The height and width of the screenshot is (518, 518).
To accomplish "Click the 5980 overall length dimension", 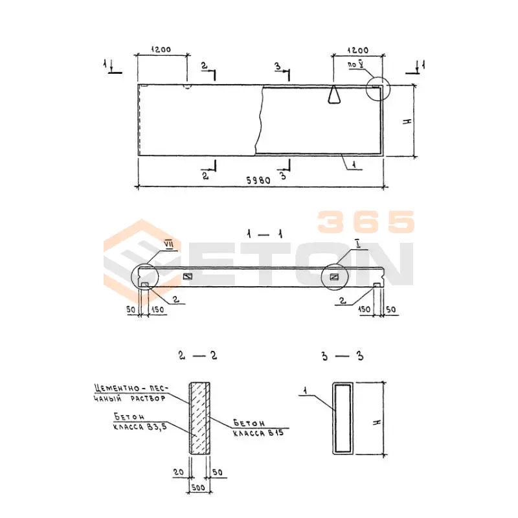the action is pyautogui.click(x=258, y=181).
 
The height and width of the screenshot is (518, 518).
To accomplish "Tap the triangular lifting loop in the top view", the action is pyautogui.click(x=334, y=95).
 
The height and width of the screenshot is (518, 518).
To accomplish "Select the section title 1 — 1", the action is pyautogui.click(x=265, y=234).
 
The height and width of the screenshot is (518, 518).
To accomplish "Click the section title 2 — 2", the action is pyautogui.click(x=197, y=355).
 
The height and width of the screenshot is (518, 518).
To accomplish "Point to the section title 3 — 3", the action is pyautogui.click(x=343, y=356).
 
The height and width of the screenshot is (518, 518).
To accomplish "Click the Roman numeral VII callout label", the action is pyautogui.click(x=168, y=245).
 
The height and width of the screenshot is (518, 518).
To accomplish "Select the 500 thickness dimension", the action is pyautogui.click(x=198, y=488).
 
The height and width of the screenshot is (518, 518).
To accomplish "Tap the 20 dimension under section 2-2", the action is pyautogui.click(x=179, y=472).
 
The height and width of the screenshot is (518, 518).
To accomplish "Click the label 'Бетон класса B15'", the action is pyautogui.click(x=258, y=428).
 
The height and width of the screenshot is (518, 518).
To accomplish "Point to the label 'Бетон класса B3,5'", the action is pyautogui.click(x=140, y=422).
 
